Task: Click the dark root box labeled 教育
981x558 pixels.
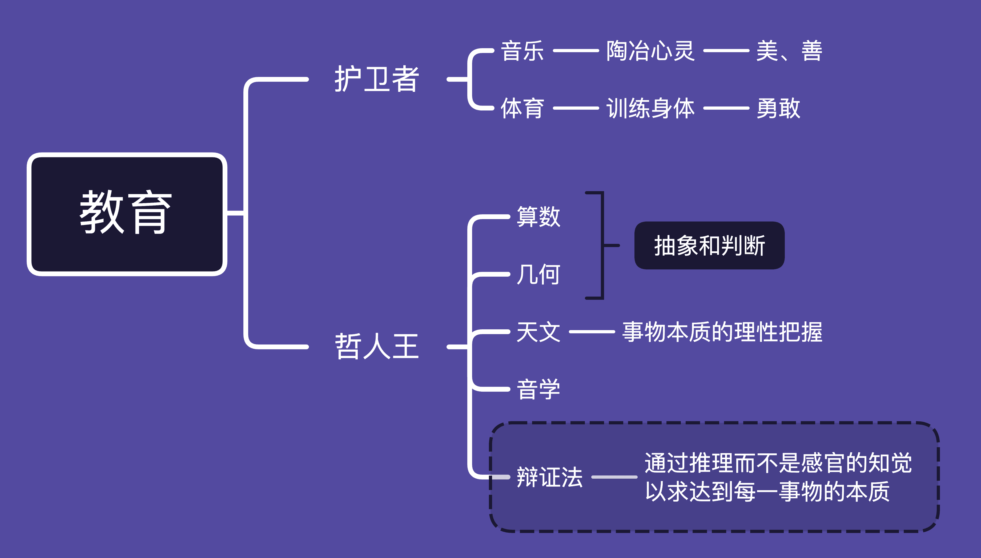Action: click(x=127, y=214)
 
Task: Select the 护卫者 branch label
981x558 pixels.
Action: click(x=376, y=79)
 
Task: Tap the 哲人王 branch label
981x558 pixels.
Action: click(x=376, y=346)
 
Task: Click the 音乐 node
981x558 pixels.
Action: click(x=522, y=51)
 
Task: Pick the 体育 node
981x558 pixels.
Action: click(x=522, y=108)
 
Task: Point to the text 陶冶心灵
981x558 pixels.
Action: click(x=650, y=51)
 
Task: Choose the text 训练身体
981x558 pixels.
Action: click(x=650, y=108)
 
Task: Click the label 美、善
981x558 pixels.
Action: click(x=789, y=51)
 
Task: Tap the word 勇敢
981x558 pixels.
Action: click(x=778, y=108)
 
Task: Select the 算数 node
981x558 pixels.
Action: click(x=538, y=216)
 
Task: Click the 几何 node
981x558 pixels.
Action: click(x=538, y=274)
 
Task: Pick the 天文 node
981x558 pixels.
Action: click(x=538, y=332)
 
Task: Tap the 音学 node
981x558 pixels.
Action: click(x=538, y=389)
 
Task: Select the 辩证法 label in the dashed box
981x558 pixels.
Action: click(x=549, y=477)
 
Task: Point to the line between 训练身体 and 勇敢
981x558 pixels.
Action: click(x=726, y=108)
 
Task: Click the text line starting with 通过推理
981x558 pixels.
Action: click(x=778, y=463)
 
